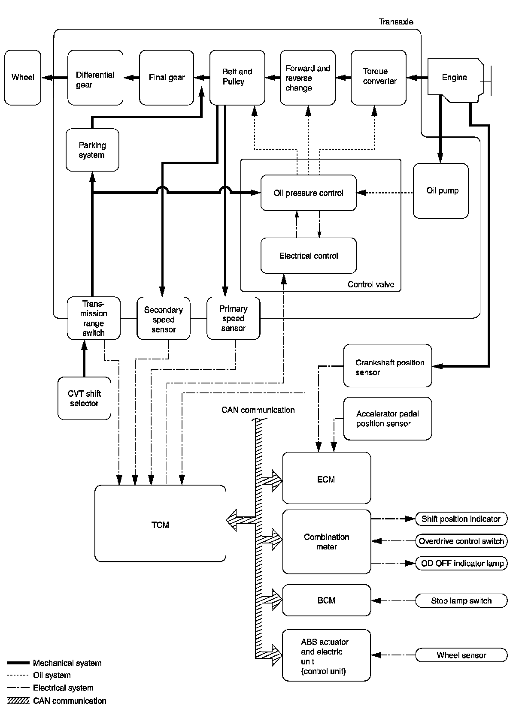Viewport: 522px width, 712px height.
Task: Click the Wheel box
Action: [23, 78]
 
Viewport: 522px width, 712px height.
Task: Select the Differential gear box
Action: [95, 78]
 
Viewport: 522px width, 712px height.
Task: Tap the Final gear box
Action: [167, 78]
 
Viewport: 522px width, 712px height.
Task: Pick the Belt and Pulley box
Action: [237, 77]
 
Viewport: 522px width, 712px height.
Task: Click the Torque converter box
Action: [378, 77]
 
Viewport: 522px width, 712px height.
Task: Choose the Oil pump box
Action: [440, 191]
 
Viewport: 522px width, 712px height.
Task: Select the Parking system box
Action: [92, 150]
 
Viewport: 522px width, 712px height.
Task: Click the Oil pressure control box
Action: [308, 193]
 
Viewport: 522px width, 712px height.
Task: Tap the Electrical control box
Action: [308, 256]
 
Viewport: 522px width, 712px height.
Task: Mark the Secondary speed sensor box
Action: [163, 319]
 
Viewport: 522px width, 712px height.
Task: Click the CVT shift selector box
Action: [84, 398]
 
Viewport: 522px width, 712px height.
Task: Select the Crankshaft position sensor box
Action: [387, 366]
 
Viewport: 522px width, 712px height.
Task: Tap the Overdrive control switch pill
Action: [461, 541]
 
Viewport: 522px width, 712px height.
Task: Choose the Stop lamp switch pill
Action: [461, 600]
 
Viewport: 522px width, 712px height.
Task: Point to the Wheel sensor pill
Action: [461, 655]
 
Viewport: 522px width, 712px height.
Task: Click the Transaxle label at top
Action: [396, 22]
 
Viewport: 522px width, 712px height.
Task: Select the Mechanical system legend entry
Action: [67, 663]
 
